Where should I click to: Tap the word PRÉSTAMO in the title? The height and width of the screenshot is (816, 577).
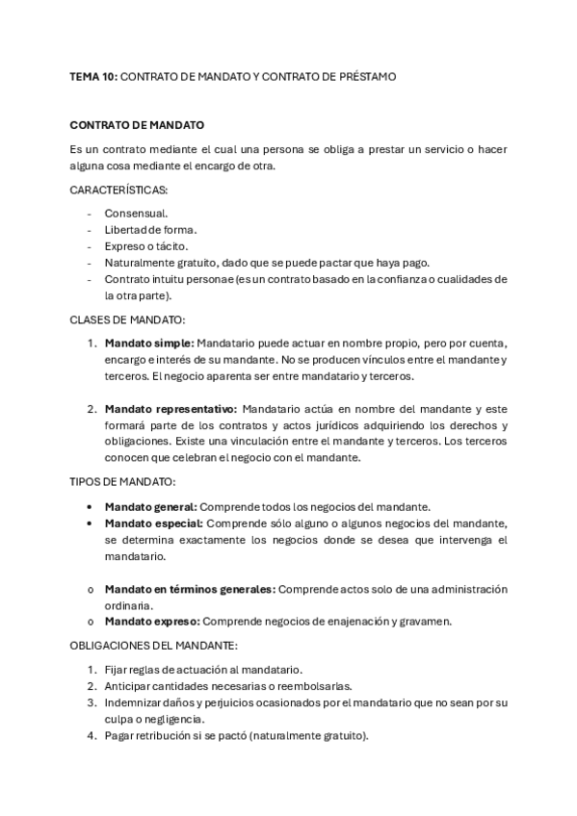pos(364,75)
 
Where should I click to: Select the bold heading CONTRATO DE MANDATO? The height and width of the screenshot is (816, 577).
pos(137,125)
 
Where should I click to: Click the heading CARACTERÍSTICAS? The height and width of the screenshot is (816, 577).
pos(118,191)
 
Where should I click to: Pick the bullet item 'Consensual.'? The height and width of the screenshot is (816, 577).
pos(136,213)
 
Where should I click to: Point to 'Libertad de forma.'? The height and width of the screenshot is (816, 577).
pos(150,230)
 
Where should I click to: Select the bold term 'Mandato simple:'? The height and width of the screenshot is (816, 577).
pos(149,343)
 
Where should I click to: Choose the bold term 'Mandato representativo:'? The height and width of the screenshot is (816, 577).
pos(170,409)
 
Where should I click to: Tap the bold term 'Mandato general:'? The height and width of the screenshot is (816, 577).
pos(150,506)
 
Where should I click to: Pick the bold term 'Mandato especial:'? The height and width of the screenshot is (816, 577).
pos(153,523)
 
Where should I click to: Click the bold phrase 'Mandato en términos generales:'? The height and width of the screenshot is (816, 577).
pos(191,589)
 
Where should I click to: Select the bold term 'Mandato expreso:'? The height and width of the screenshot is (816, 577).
pos(152,622)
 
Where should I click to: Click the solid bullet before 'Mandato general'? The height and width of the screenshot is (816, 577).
pos(91,506)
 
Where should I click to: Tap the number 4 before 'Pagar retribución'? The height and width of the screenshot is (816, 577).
pos(91,736)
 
